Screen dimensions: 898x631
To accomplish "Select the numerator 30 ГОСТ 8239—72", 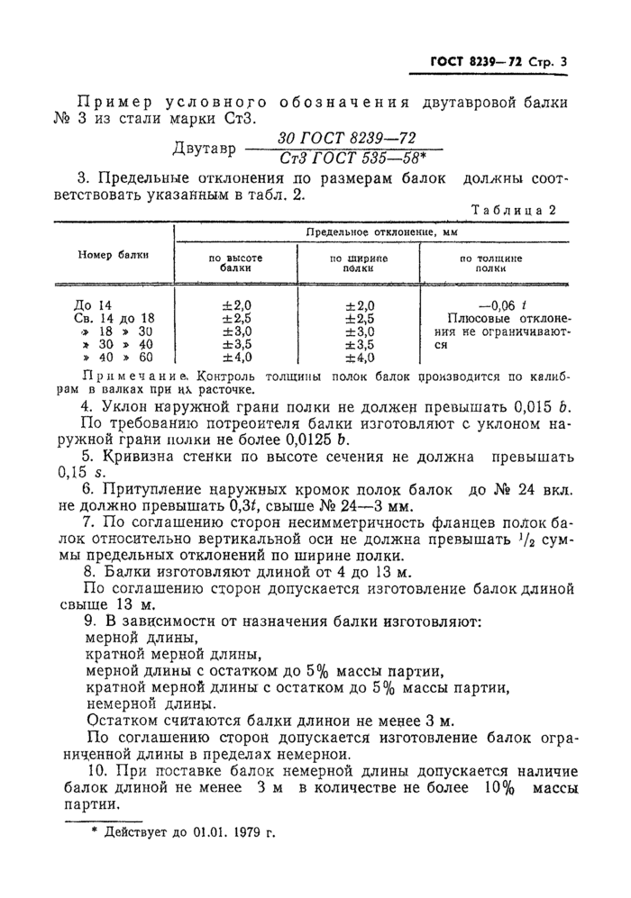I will click(346, 138).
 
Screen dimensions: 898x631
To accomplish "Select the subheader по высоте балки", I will click(235, 263).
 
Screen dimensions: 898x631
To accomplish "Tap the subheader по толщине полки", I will click(489, 263).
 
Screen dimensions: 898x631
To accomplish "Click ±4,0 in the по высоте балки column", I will click(236, 357).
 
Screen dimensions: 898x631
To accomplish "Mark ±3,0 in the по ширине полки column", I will click(359, 331).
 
